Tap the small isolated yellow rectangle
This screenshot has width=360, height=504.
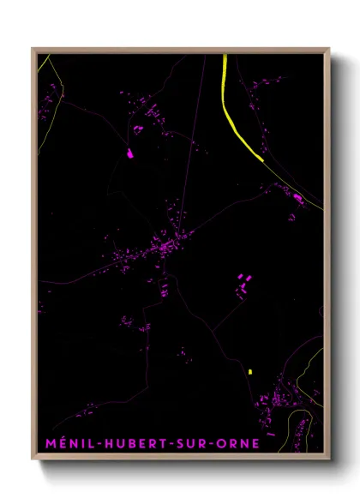tap(249, 372)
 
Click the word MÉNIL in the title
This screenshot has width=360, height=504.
tap(60, 443)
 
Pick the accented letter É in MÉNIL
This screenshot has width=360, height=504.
tap(54, 442)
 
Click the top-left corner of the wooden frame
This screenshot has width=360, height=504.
tap(33, 49)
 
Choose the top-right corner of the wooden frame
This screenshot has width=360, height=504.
tap(330, 49)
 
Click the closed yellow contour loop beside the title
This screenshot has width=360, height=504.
tap(299, 429)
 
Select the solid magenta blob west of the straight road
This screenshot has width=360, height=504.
tap(130, 154)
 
